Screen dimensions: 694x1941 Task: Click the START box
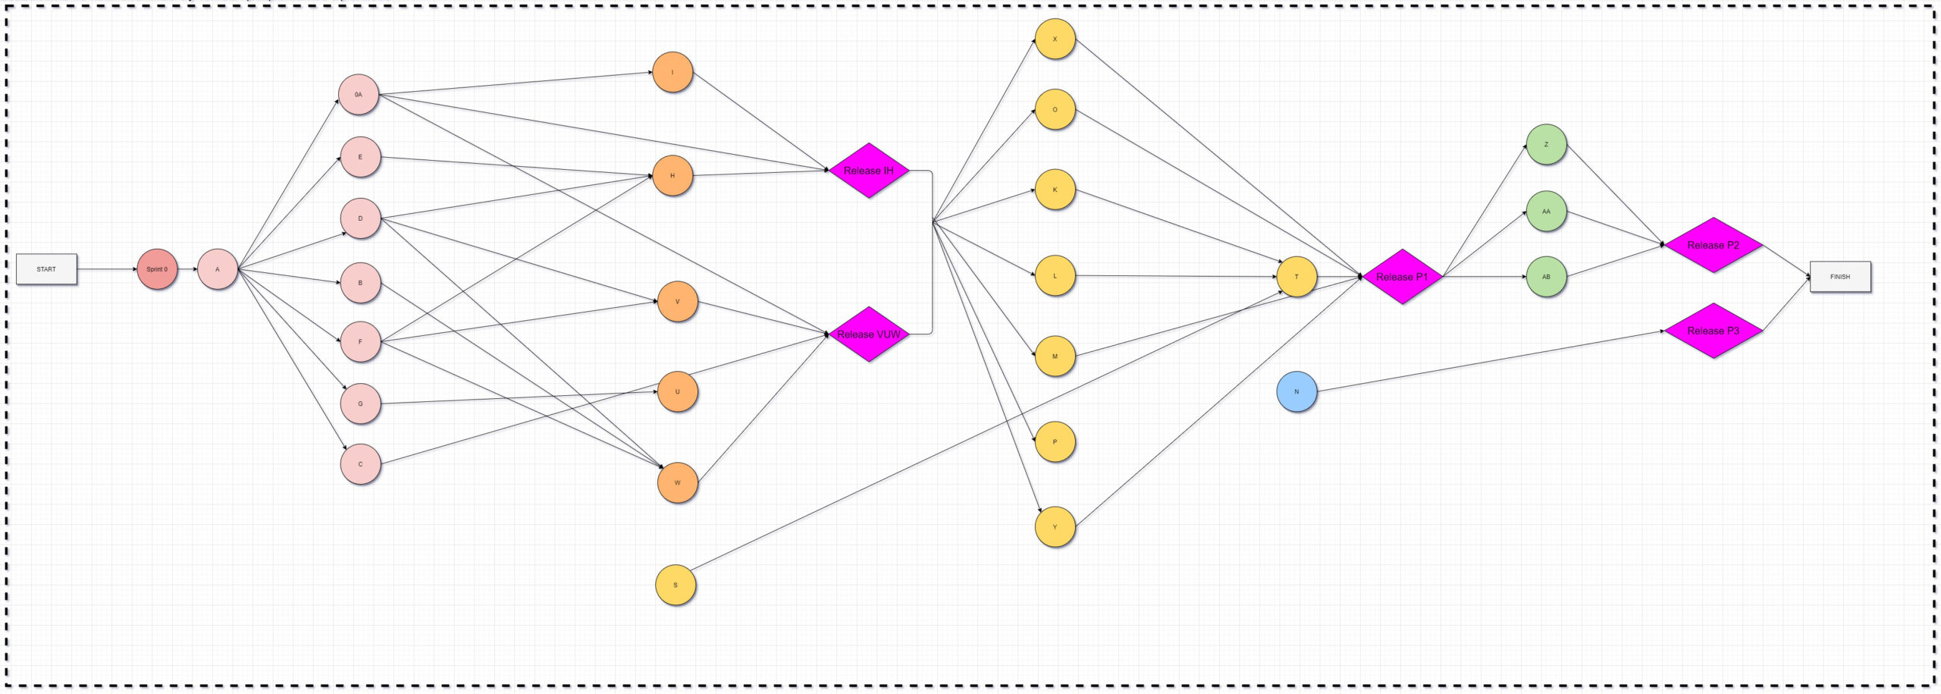(46, 269)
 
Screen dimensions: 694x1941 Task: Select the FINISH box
(1839, 277)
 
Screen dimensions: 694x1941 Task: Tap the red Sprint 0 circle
(157, 269)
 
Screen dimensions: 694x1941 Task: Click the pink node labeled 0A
(359, 95)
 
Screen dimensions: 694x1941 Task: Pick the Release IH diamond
(869, 171)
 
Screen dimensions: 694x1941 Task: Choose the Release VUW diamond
(869, 334)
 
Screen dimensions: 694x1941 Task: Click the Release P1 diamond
(1402, 277)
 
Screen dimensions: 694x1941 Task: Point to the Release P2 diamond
(1713, 245)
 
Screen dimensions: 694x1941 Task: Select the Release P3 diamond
(1713, 331)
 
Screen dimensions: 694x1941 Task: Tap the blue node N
(1297, 392)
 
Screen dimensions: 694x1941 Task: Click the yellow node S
(676, 586)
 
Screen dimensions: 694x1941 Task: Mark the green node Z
(1546, 145)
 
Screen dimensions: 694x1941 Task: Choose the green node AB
(1546, 277)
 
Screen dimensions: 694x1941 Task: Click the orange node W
(677, 483)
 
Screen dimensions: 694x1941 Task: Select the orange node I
(673, 73)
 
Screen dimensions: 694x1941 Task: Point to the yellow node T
(1297, 277)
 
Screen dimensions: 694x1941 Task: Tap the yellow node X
(1055, 39)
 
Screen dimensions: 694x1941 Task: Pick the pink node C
(360, 464)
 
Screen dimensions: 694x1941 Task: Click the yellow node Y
(1055, 527)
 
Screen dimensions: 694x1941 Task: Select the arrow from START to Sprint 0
(107, 269)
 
